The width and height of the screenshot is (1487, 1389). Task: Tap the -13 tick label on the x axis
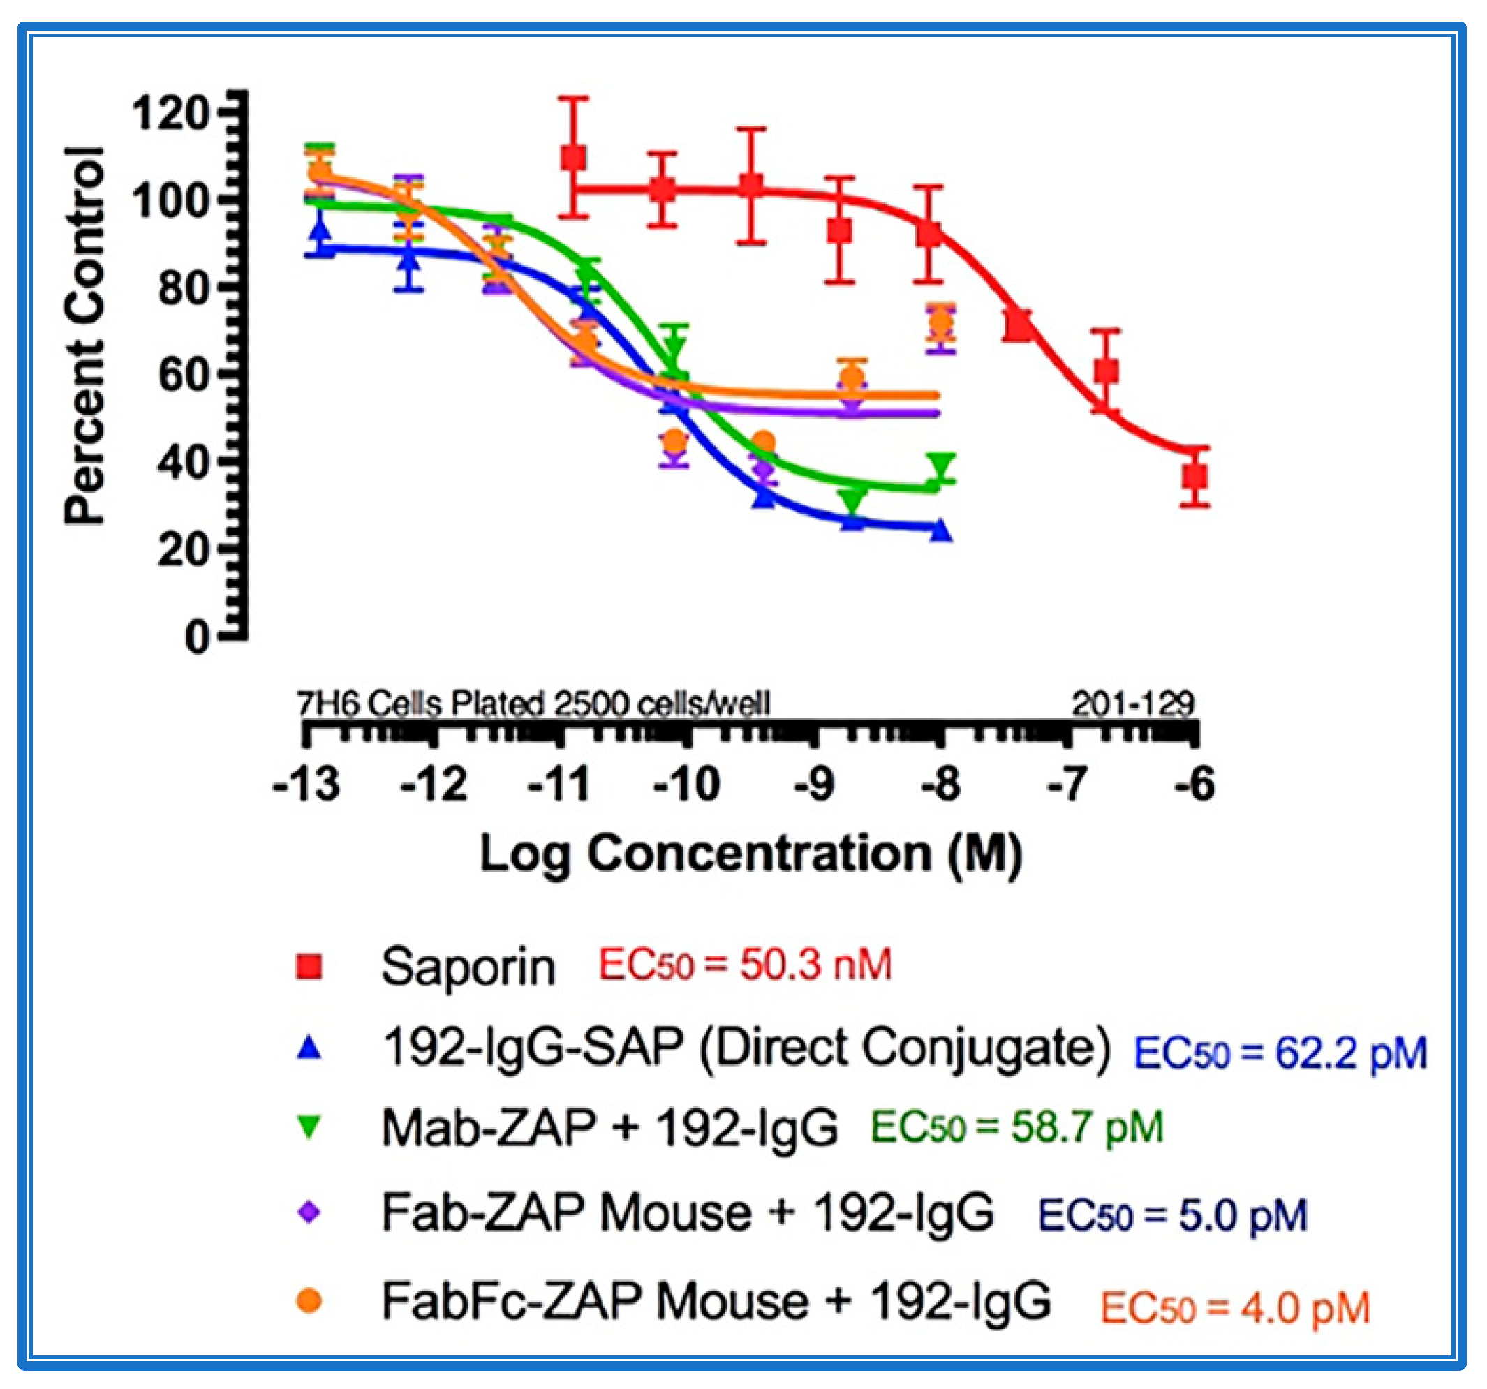click(x=306, y=785)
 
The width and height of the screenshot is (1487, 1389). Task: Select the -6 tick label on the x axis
click(x=1194, y=785)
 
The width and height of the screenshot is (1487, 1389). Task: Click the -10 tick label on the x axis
click(x=686, y=785)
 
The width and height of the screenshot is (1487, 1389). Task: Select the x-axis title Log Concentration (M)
click(x=750, y=854)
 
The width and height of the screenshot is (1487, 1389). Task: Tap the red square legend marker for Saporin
click(x=309, y=965)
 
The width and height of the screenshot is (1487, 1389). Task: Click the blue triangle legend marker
click(x=309, y=1048)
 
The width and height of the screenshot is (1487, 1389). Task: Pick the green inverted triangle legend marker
click(x=309, y=1127)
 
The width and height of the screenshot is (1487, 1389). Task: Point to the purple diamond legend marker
click(x=309, y=1212)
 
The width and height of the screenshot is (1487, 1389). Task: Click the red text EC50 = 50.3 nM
click(x=745, y=964)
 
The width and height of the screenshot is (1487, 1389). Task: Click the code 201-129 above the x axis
click(x=1132, y=703)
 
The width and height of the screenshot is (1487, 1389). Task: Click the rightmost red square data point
click(x=1195, y=477)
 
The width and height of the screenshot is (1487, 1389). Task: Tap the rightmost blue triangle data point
click(x=941, y=531)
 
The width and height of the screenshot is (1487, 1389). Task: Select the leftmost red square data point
click(x=574, y=158)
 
